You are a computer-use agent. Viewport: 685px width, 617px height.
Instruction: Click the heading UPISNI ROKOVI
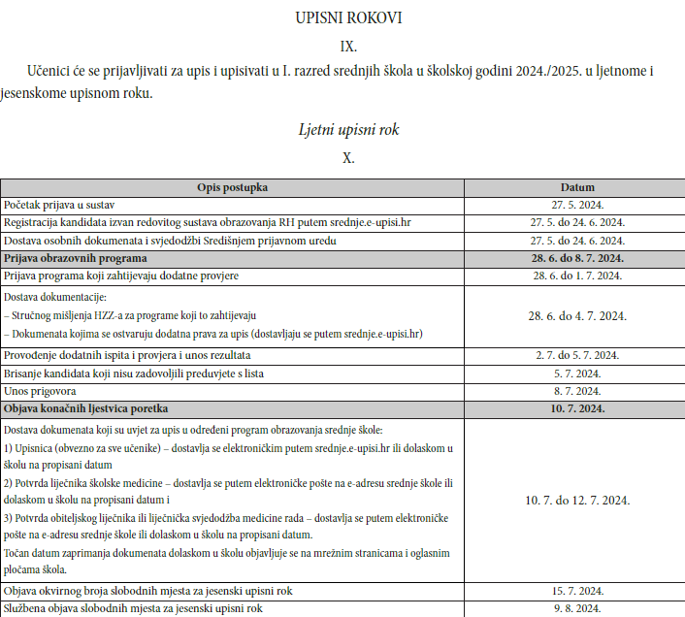pyautogui.click(x=348, y=17)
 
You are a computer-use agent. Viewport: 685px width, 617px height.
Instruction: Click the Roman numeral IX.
pyautogui.click(x=348, y=46)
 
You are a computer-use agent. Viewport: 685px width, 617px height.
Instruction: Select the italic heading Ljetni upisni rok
pyautogui.click(x=348, y=129)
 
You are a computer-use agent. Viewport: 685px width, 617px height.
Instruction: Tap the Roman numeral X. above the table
pyautogui.click(x=348, y=157)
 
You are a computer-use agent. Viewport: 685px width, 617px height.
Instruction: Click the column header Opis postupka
pyautogui.click(x=232, y=187)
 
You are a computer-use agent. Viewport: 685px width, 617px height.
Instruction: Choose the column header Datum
pyautogui.click(x=577, y=187)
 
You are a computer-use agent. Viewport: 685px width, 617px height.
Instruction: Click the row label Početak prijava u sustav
pyautogui.click(x=60, y=205)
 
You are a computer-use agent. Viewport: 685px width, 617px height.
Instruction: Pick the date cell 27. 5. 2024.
pyautogui.click(x=577, y=205)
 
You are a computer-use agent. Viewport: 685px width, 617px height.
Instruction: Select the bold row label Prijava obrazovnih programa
pyautogui.click(x=76, y=258)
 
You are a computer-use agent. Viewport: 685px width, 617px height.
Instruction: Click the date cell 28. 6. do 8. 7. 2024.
pyautogui.click(x=577, y=258)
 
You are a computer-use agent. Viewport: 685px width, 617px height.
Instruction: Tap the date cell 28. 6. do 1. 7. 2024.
pyautogui.click(x=577, y=276)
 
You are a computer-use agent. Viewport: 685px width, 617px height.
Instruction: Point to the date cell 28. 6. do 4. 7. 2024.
pyautogui.click(x=577, y=315)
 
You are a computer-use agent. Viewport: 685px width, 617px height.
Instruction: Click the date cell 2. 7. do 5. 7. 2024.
pyautogui.click(x=577, y=355)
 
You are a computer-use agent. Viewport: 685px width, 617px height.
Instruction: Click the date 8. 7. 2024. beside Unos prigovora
pyautogui.click(x=577, y=390)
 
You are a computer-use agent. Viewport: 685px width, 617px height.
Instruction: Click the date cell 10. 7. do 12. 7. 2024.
pyautogui.click(x=577, y=500)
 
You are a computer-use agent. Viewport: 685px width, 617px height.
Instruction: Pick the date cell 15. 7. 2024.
pyautogui.click(x=577, y=590)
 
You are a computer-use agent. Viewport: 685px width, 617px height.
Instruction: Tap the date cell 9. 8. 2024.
pyautogui.click(x=577, y=608)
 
